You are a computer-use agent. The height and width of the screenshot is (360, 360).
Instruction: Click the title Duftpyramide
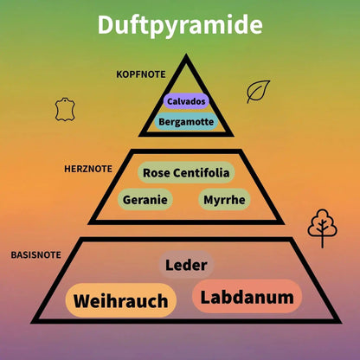coord(180,25)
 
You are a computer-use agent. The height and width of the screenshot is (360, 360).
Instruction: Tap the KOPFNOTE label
coord(141,74)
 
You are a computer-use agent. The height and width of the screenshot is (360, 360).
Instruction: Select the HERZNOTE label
coord(88,169)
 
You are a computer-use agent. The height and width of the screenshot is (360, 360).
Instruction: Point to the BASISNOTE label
coord(36,255)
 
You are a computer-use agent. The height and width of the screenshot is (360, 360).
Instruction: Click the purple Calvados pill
coord(186,101)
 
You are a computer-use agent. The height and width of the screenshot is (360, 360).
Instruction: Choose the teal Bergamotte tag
coord(186,121)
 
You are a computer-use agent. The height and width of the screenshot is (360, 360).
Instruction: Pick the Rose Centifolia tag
coord(186,173)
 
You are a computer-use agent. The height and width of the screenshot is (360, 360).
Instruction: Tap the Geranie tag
coord(145,200)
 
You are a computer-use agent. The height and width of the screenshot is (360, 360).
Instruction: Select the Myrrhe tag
coord(224,200)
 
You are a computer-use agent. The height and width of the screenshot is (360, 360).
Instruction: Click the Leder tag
coord(186,265)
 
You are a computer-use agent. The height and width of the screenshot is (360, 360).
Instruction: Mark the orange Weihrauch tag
coord(120,300)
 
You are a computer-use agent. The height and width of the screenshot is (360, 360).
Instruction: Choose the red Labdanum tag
coord(247,297)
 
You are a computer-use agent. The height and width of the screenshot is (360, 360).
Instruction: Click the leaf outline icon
coord(258,92)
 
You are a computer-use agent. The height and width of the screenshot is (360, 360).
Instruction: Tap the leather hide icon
coord(65,109)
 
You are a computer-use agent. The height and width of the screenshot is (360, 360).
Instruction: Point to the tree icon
coord(322,228)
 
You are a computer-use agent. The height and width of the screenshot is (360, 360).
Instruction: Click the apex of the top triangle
coord(186,55)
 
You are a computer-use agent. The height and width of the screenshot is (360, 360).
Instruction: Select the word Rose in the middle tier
coord(157,173)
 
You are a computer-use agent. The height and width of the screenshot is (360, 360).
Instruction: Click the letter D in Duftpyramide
coord(106,25)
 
